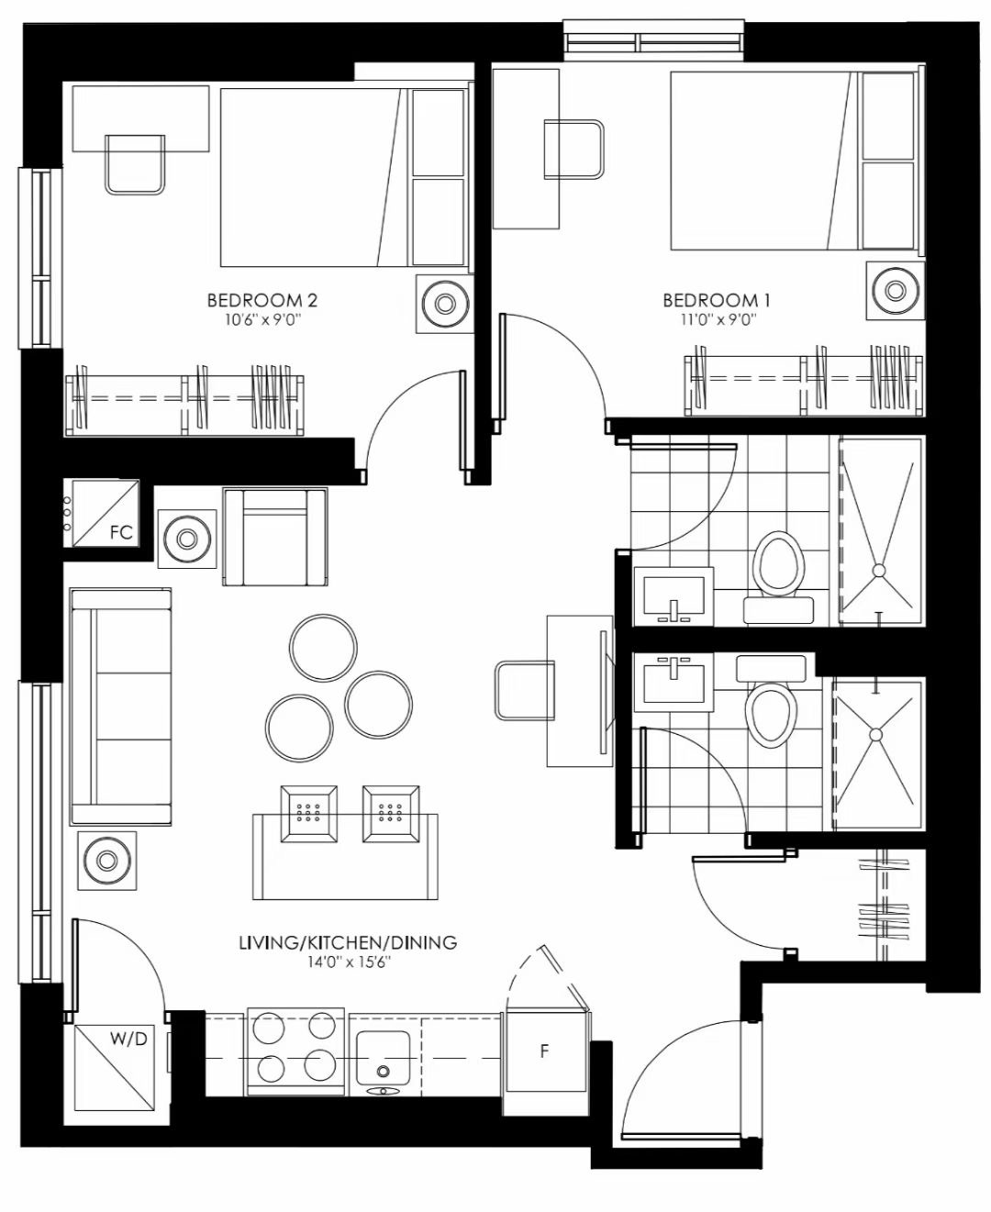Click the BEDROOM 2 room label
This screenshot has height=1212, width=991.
point(262,300)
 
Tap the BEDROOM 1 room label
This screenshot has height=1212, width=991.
point(717,300)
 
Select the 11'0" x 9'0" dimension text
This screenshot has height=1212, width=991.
point(718,319)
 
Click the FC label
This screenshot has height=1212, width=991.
point(121,532)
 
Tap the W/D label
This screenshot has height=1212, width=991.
point(128,1038)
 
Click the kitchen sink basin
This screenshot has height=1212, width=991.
point(383,1058)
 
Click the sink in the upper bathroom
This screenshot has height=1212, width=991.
point(674,596)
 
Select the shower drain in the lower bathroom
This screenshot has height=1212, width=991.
point(876,735)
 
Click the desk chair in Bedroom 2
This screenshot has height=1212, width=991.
point(135,165)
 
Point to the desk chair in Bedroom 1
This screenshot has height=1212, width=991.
point(573,150)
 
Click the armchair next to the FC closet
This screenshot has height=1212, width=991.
point(275,537)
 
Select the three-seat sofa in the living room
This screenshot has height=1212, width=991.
point(121,706)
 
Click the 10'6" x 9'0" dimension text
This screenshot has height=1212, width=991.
point(263,319)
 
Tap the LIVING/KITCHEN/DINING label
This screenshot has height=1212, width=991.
point(349,942)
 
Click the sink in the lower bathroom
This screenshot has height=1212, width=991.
point(674,683)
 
